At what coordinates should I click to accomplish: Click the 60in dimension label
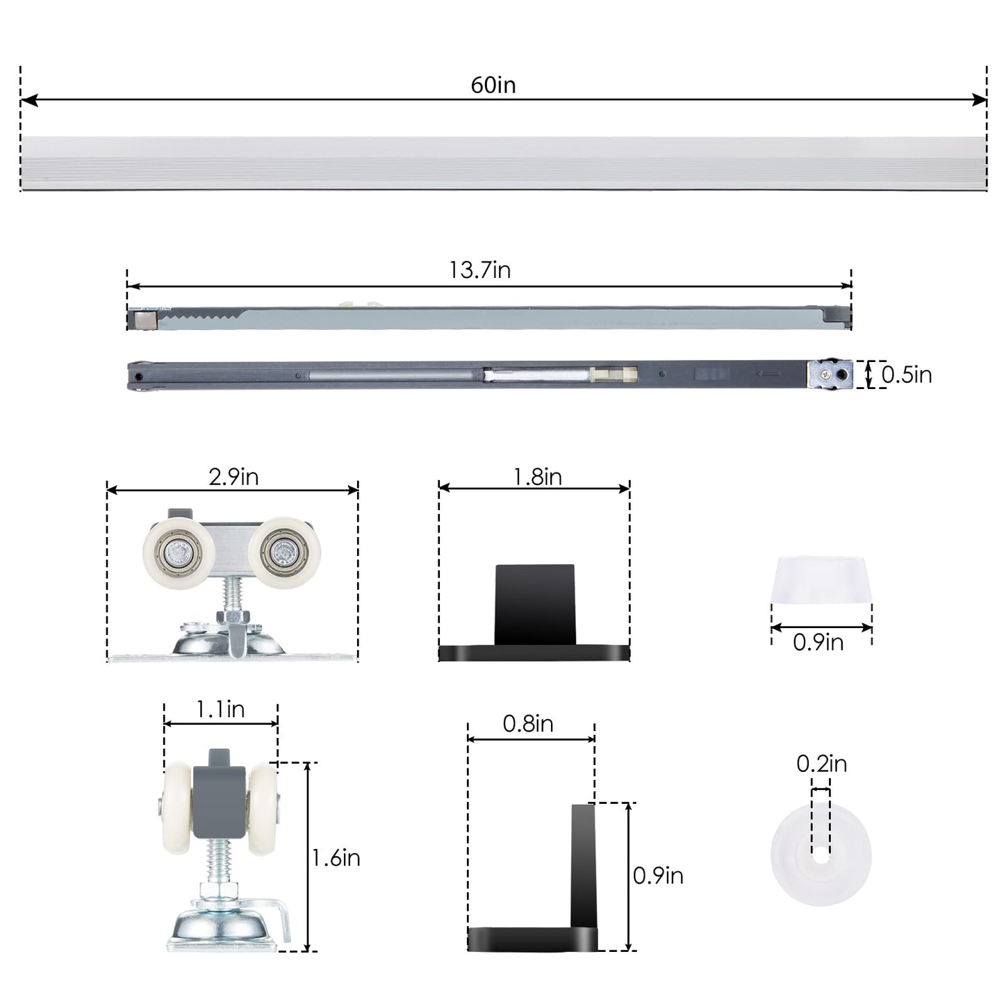pos(493,85)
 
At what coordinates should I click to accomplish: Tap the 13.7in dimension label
pos(479,270)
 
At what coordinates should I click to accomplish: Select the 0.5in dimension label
pos(906,375)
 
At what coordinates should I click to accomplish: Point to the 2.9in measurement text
pos(233,477)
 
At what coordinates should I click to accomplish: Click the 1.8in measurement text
pos(537,477)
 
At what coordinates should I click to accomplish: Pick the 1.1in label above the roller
pos(220,709)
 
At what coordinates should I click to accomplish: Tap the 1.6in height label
pos(336,858)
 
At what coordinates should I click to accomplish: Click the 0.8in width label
pos(528,724)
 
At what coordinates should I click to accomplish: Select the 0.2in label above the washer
pos(821,764)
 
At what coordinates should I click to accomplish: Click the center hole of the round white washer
pos(821,856)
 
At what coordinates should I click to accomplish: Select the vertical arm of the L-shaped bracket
pos(584,865)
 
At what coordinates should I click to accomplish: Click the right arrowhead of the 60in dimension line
pos(980,100)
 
